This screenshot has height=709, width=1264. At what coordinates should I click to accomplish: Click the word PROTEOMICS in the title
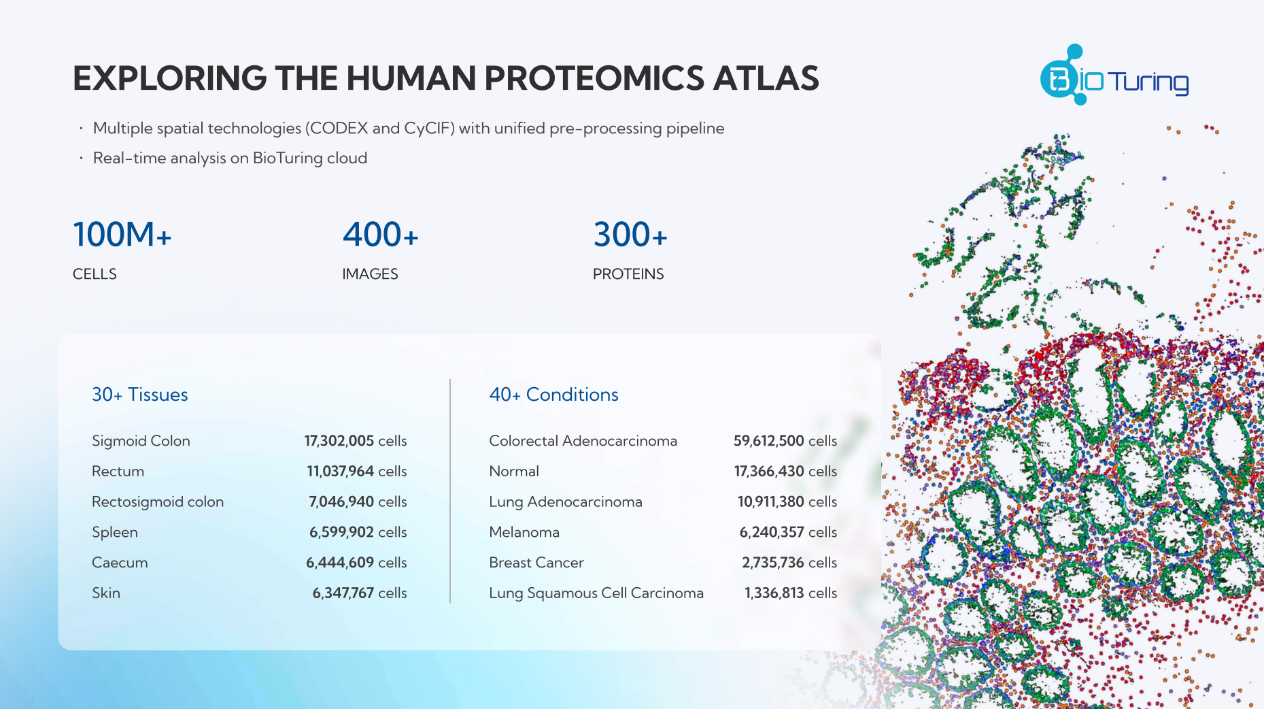pyautogui.click(x=594, y=78)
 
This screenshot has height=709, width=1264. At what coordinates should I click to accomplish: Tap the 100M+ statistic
pyautogui.click(x=122, y=234)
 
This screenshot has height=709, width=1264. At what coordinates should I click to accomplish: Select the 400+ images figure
pyautogui.click(x=381, y=234)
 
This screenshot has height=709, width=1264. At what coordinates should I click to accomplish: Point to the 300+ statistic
pyautogui.click(x=630, y=234)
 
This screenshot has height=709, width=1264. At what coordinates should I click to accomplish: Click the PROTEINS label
pyautogui.click(x=628, y=274)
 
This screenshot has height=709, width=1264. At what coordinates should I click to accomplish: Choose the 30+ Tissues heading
pyautogui.click(x=140, y=395)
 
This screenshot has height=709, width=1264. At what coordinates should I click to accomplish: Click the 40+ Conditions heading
pyautogui.click(x=554, y=395)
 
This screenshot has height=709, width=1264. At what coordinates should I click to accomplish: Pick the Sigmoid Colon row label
pyautogui.click(x=141, y=441)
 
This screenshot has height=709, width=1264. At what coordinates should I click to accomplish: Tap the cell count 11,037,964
pyautogui.click(x=340, y=471)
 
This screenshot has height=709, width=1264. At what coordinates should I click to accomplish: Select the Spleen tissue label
pyautogui.click(x=115, y=532)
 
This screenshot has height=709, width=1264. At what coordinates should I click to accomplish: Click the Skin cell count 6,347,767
pyautogui.click(x=343, y=593)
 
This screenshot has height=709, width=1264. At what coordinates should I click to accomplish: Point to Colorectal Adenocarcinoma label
pyautogui.click(x=583, y=441)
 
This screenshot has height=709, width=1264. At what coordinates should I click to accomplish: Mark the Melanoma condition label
pyautogui.click(x=524, y=532)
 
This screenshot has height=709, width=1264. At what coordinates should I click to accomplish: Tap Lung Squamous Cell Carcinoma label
pyautogui.click(x=596, y=593)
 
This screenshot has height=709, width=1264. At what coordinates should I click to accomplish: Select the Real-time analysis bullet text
pyautogui.click(x=230, y=158)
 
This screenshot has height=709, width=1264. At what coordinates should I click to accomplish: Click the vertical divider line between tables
pyautogui.click(x=450, y=491)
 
